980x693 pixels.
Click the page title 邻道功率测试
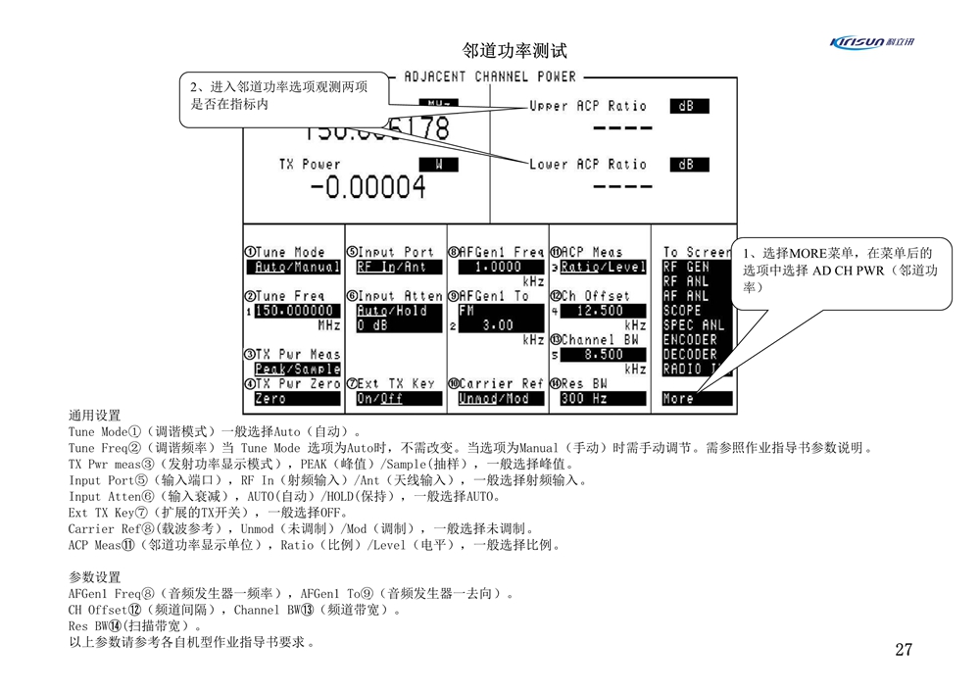514,51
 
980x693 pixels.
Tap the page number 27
903,649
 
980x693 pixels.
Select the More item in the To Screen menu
678,399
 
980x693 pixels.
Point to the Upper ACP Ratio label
588,106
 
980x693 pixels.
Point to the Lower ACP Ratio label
588,165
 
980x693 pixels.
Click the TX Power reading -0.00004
367,186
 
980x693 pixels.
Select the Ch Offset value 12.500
599,311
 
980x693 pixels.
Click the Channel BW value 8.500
599,355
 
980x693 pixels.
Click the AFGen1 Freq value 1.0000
497,267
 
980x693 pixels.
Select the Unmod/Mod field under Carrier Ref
494,399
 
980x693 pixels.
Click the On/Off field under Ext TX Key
380,399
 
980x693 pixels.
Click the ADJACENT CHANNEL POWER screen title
490,76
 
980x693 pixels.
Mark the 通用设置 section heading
95,416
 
